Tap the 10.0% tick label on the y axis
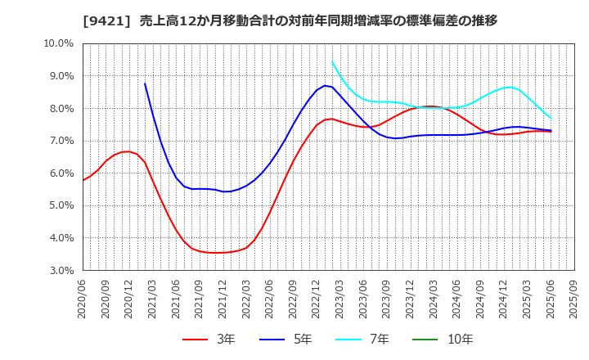(59, 43)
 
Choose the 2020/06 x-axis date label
(83, 299)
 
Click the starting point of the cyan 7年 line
(332, 62)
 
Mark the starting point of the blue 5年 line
(145, 83)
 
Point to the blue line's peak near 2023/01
(325, 85)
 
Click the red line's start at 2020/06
(83, 180)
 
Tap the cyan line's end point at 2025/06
(551, 118)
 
